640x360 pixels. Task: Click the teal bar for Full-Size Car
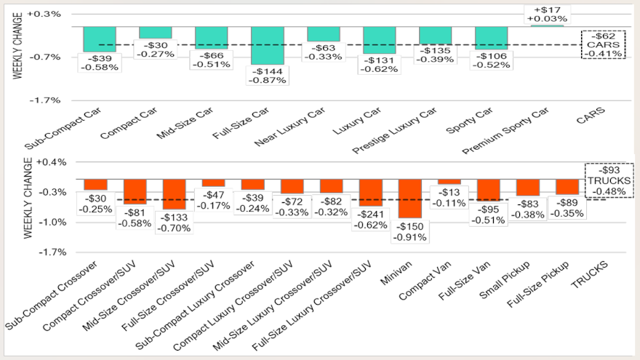(x=267, y=45)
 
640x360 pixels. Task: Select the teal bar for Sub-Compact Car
(x=100, y=39)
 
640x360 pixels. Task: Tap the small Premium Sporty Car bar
(x=547, y=26)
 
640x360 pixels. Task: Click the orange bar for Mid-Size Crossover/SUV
(x=174, y=194)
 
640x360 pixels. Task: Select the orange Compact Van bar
(x=449, y=182)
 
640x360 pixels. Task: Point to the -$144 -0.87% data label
(x=267, y=76)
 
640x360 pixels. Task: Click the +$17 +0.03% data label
(x=547, y=13)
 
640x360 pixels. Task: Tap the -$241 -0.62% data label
(x=369, y=220)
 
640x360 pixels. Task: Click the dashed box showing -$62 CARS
(x=603, y=44)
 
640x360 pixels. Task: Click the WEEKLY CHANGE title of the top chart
(x=17, y=57)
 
